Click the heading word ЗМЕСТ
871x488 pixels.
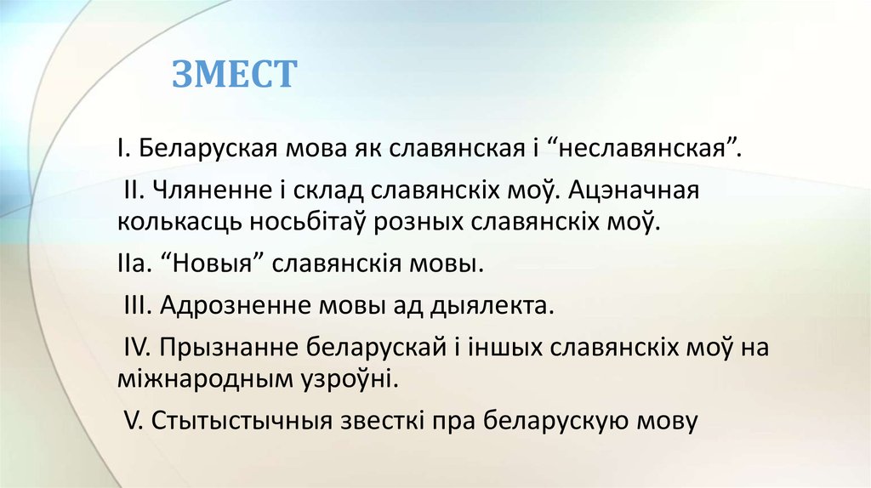tap(235, 74)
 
